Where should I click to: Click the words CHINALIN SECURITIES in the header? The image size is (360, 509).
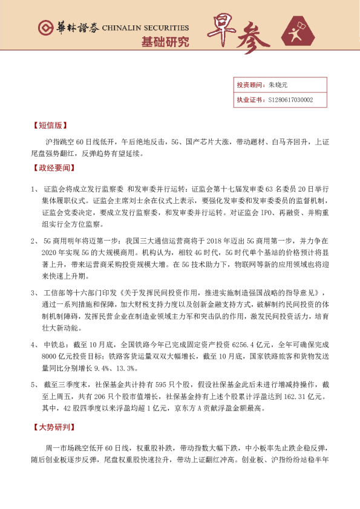(145, 28)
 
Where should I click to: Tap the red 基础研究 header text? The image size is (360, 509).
(165, 42)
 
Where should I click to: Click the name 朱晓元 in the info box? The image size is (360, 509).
(278, 85)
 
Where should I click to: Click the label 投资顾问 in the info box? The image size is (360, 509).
(248, 85)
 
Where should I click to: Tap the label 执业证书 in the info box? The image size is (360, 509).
(248, 100)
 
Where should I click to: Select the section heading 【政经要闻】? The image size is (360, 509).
(52, 167)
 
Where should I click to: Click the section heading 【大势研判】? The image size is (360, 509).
(52, 427)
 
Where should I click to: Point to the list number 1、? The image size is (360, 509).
(34, 190)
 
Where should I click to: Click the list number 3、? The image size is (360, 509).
(34, 293)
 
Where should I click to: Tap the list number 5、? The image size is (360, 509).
(34, 385)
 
